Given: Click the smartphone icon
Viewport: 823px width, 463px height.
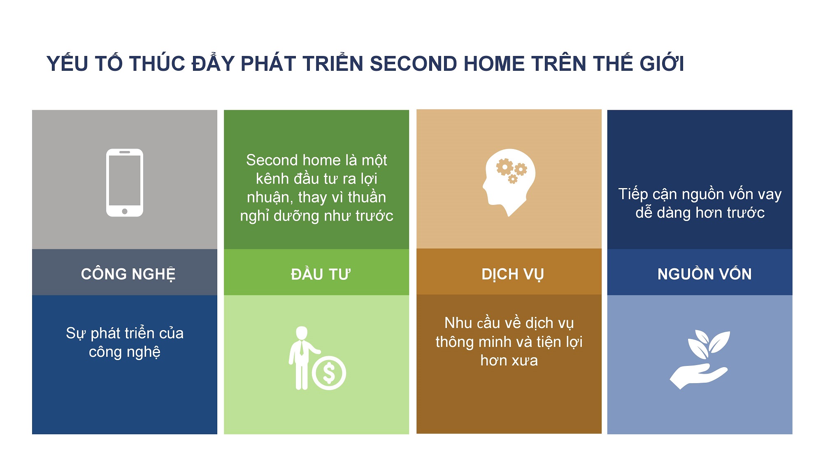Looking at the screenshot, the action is click(125, 182).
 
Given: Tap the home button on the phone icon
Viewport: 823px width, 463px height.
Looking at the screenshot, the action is click(125, 211).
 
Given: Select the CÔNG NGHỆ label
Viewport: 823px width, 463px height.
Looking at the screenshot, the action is click(128, 274).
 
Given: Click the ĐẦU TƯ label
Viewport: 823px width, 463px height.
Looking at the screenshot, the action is click(321, 274).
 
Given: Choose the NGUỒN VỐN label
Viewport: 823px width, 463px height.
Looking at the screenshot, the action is click(704, 274).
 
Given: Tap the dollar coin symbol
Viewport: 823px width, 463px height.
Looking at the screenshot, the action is click(329, 373).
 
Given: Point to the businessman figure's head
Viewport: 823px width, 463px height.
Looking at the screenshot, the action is click(302, 333).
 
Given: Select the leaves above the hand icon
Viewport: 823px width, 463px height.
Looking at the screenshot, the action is click(709, 344).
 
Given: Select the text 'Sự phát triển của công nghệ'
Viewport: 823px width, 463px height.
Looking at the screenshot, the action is click(125, 342).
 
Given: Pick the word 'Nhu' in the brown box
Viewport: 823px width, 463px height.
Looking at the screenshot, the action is click(458, 323).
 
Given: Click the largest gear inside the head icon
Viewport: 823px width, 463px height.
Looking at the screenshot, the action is click(504, 167).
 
